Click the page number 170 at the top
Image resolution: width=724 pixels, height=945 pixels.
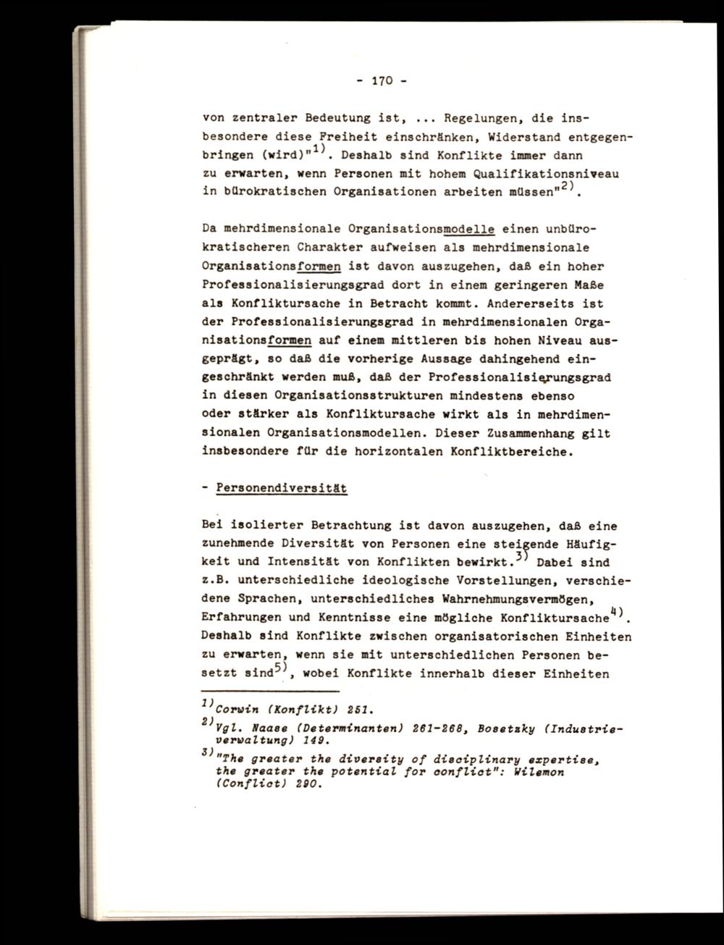[382, 81]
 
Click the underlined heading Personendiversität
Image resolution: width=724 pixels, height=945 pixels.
[282, 489]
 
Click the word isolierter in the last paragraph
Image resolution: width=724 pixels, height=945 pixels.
[267, 526]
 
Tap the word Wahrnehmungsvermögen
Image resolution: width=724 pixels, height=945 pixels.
[492, 600]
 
